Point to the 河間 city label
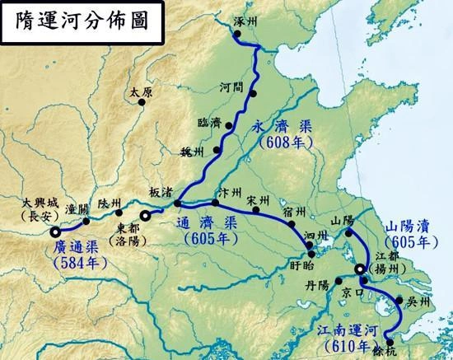point(232,86)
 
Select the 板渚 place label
point(161,190)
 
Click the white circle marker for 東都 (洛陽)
point(146,216)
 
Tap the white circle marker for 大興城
point(55,231)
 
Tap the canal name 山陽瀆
point(406,227)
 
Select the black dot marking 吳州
point(399,302)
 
